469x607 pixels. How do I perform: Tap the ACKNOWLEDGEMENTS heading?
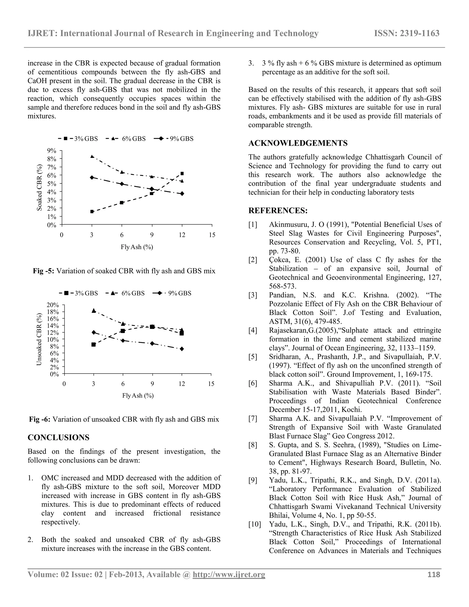point(298,143)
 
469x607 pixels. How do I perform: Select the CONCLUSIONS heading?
point(58,437)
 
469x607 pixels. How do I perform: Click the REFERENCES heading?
point(278,211)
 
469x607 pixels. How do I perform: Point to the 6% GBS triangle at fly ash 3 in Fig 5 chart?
point(92,156)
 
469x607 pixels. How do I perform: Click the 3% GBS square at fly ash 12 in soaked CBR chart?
point(182,173)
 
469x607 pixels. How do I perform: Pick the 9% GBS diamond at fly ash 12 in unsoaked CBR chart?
point(182,349)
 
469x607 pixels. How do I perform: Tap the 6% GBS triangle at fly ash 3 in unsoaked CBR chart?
point(94,310)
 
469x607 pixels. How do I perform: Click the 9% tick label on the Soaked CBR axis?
point(52,151)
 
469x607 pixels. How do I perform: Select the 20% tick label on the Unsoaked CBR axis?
point(53,305)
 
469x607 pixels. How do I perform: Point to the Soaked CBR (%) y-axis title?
point(40,187)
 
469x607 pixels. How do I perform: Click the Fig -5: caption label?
point(44,271)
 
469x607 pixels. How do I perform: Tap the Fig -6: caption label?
point(40,419)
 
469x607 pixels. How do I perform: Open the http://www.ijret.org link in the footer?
point(229,575)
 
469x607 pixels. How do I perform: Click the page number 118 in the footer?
point(434,575)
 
